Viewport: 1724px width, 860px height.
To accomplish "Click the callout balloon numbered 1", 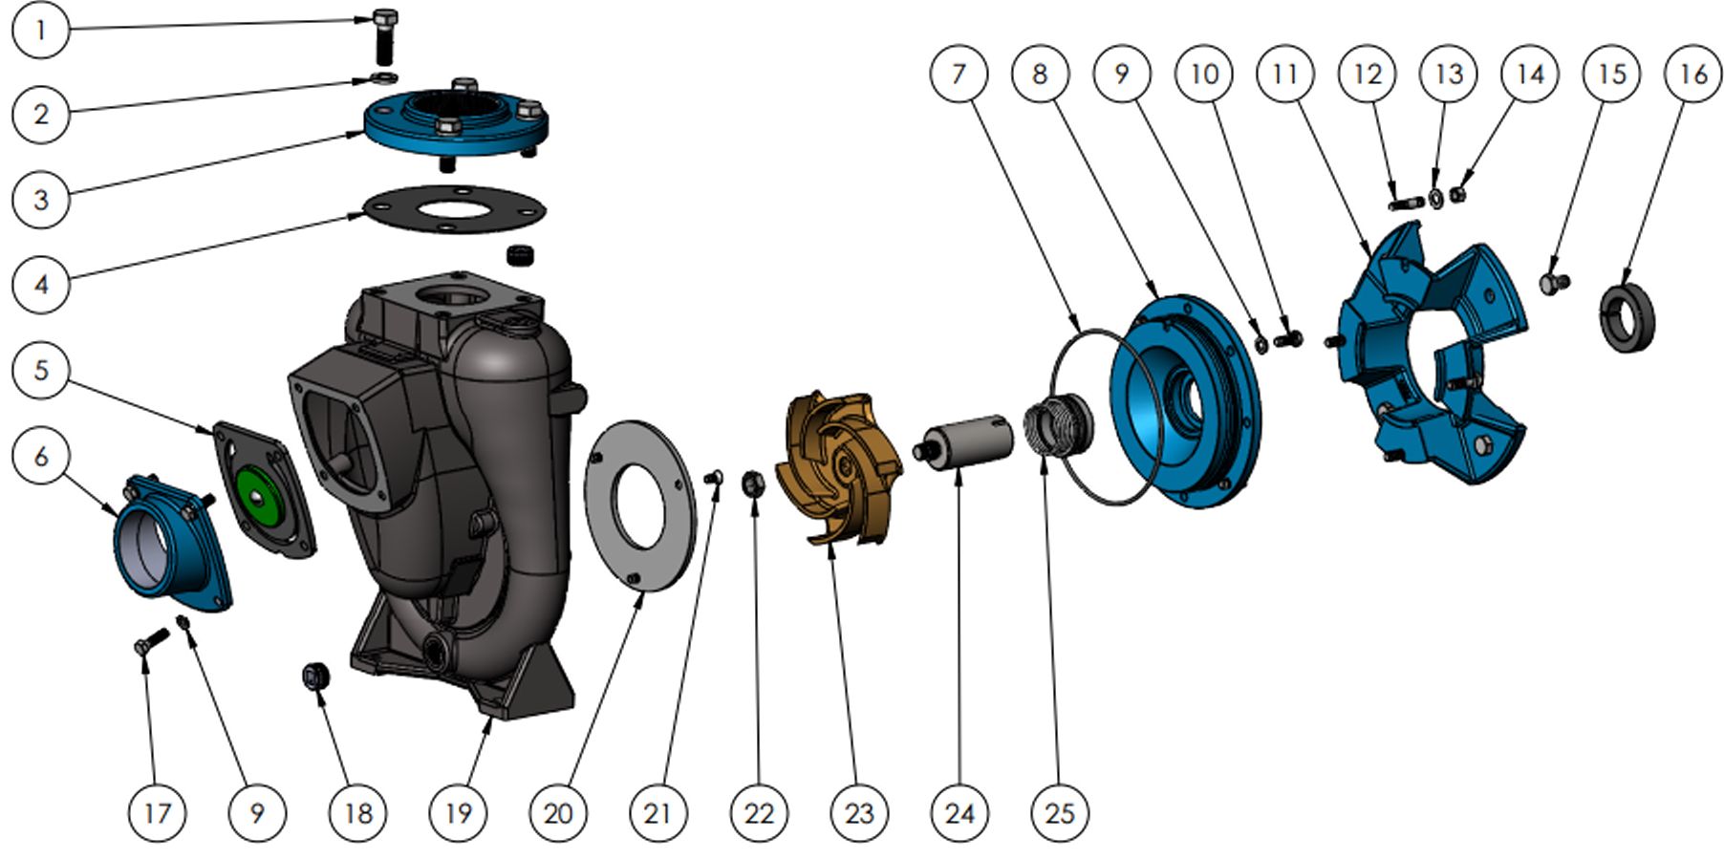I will point(40,30).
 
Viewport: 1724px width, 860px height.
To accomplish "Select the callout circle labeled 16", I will point(1692,74).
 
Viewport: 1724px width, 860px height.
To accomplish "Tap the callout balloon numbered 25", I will point(1060,813).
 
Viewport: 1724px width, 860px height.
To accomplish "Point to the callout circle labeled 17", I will point(157,813).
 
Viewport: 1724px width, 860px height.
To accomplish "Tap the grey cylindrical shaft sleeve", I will point(970,442).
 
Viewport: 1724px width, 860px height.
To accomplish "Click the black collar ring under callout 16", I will point(1627,316).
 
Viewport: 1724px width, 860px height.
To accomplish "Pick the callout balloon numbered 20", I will point(558,813).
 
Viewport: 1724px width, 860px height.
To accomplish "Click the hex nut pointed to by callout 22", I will point(752,484).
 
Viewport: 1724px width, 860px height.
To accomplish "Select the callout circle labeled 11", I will point(1285,74).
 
